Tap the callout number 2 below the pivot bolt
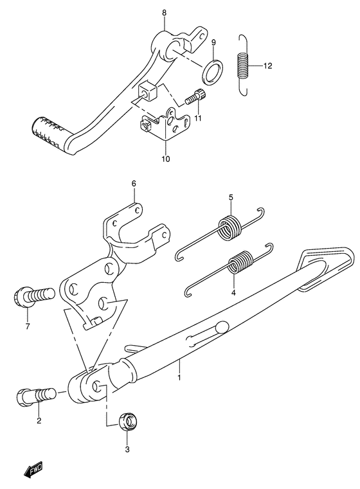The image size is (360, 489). (x=39, y=421)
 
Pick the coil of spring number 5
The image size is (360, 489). (x=228, y=227)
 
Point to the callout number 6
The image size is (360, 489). (x=134, y=184)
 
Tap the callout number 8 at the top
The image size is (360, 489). (x=164, y=12)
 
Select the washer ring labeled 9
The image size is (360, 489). (x=214, y=71)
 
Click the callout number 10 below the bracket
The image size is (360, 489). (x=165, y=158)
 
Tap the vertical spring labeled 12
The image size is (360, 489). (x=242, y=64)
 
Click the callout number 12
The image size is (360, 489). (x=268, y=66)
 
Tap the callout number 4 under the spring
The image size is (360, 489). (x=234, y=292)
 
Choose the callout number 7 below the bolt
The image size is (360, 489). (x=28, y=325)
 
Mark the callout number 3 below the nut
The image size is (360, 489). (x=127, y=450)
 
